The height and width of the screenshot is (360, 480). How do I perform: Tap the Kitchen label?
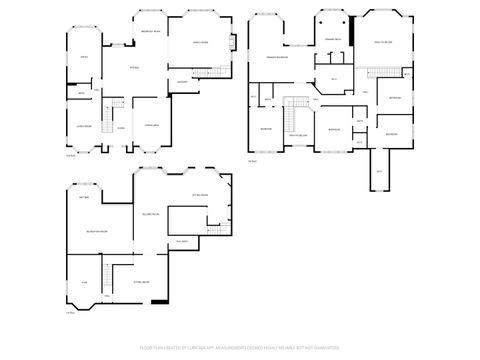click(x=134, y=67)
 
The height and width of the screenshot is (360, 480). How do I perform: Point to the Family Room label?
click(x=201, y=43)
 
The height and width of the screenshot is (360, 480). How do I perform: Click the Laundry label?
click(x=183, y=80)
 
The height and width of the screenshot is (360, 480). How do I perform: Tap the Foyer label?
click(x=120, y=128)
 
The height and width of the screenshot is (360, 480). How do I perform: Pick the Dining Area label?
click(x=153, y=123)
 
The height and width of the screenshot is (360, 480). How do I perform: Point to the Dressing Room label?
click(x=333, y=38)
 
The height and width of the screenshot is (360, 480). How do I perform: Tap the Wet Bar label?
click(x=85, y=196)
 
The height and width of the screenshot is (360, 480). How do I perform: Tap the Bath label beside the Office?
click(x=82, y=94)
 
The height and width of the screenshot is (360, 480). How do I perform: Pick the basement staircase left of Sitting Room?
click(x=105, y=272)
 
